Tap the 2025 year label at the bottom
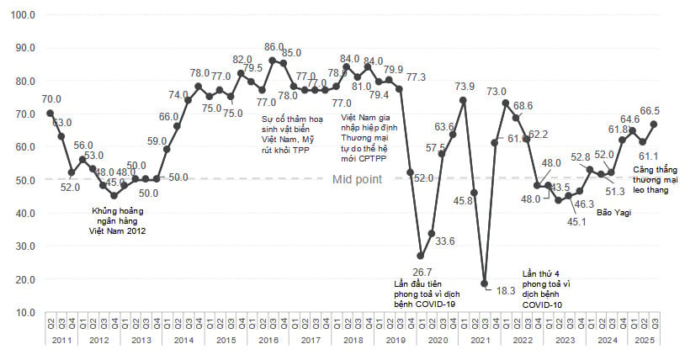coord(640,341)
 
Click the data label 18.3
coord(505,290)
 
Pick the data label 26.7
coord(422,272)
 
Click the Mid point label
coord(357,179)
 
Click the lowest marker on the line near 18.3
coord(484,283)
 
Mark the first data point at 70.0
coord(50,113)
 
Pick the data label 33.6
coord(444,241)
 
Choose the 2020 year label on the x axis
coord(437,341)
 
